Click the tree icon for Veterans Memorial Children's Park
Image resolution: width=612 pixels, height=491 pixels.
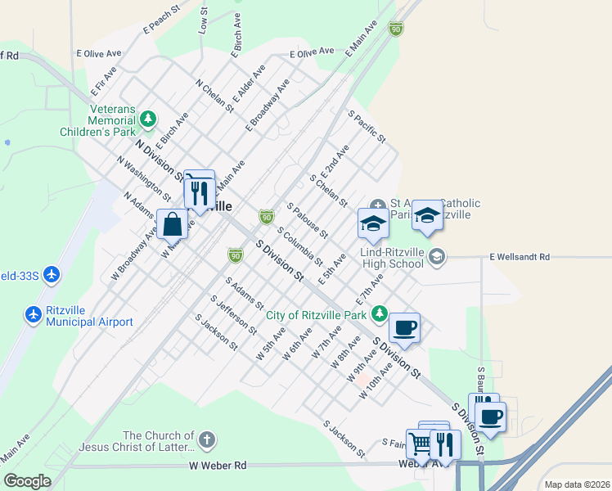tap(148, 120)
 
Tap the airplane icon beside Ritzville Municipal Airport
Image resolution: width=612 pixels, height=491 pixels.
tap(34, 314)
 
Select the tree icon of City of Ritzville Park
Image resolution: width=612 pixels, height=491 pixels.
tap(380, 313)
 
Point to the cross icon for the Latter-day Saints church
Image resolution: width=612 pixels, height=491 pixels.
tap(206, 440)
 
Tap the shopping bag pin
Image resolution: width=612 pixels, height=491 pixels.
tap(173, 222)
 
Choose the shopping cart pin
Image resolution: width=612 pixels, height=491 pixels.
tap(420, 443)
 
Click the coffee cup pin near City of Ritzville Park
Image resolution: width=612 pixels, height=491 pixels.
tap(404, 327)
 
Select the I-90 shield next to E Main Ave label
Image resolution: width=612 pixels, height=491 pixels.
tap(396, 29)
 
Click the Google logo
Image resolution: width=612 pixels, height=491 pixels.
tap(27, 480)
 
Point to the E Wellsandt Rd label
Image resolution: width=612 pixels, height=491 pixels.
tap(520, 257)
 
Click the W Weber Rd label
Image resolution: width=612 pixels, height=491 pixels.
tap(218, 466)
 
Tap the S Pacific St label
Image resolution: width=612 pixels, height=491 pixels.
tap(366, 127)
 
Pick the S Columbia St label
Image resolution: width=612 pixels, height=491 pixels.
tap(299, 246)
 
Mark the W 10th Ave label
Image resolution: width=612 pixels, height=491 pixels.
tap(376, 381)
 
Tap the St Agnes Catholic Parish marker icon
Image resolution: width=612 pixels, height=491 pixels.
tap(377, 205)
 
